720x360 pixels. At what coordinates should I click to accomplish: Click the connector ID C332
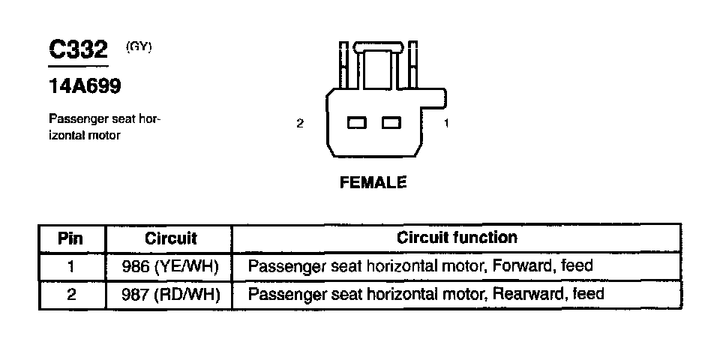[79, 50]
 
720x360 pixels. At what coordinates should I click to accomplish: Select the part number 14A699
[85, 86]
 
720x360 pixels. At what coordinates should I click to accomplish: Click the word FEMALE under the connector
[373, 182]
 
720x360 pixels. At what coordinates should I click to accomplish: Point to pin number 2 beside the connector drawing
[300, 124]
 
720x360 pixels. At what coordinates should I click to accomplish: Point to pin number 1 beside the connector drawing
[446, 124]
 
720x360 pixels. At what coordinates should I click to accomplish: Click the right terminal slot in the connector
[391, 122]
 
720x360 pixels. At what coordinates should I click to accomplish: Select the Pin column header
[71, 238]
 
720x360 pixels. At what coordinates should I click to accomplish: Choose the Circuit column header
[170, 238]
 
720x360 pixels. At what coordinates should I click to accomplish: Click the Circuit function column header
[457, 238]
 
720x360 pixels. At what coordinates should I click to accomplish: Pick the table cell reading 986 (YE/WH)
[170, 266]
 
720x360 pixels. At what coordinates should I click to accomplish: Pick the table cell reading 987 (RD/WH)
[170, 294]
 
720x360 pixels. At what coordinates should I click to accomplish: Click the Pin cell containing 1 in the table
[71, 266]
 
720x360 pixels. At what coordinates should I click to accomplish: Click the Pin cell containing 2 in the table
[71, 294]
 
